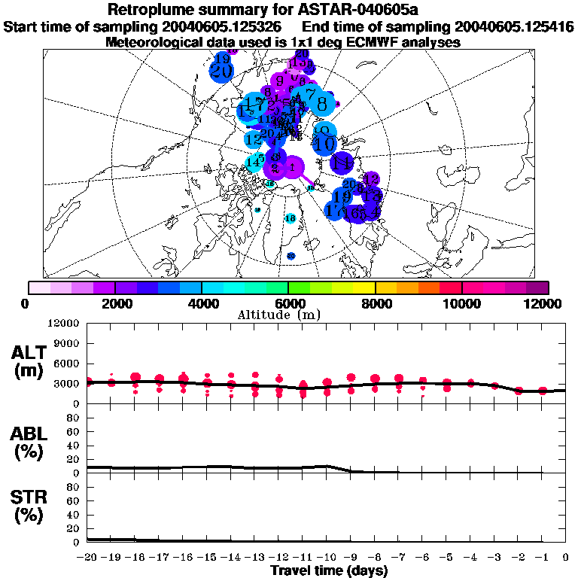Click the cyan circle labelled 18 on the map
coord(291,218)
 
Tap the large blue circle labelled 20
coord(221,71)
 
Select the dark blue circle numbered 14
coord(343,162)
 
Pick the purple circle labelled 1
coord(293,166)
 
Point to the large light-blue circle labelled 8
coord(322,104)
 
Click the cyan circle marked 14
coord(254,161)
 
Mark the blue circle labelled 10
coord(325,142)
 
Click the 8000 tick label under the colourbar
coord(375,303)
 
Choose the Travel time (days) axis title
coord(329,571)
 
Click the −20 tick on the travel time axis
coord(87,558)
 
